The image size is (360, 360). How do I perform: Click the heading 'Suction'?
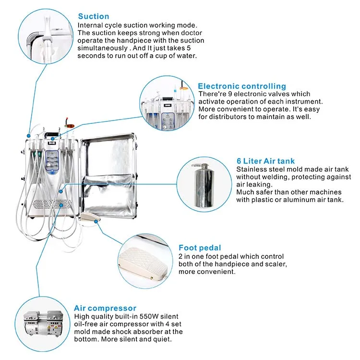(x=94, y=17)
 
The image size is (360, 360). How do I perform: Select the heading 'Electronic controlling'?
(x=242, y=86)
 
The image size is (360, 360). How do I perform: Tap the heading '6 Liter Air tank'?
(x=265, y=161)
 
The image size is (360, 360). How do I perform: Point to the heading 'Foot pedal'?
(x=200, y=248)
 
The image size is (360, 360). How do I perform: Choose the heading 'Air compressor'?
(x=105, y=308)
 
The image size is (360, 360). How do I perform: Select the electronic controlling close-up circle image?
(x=168, y=105)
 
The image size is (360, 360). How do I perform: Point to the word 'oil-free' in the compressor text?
(x=87, y=324)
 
